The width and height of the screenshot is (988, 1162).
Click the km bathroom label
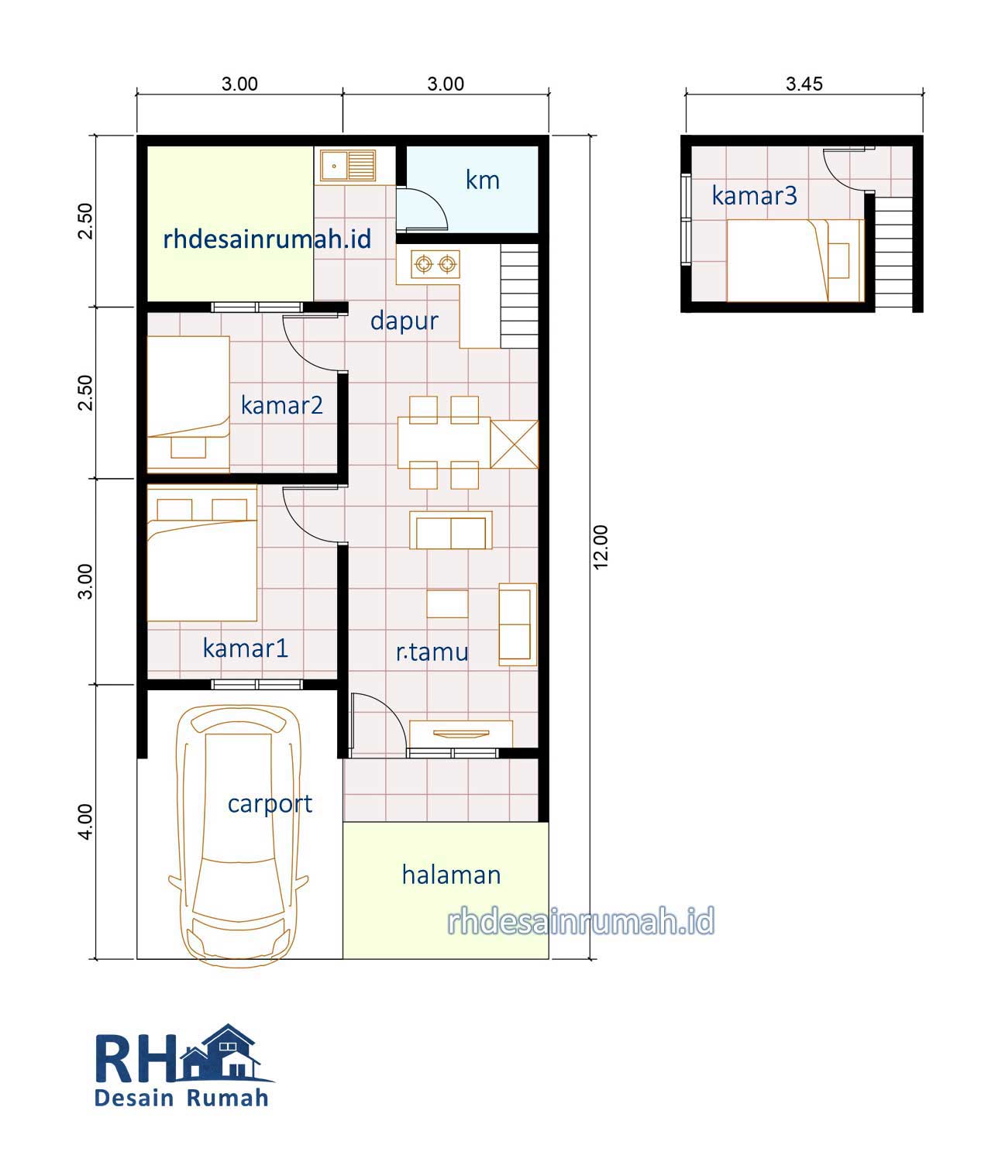click(x=483, y=180)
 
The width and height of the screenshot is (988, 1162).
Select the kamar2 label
click(x=282, y=405)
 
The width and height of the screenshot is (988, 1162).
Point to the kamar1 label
click(x=245, y=648)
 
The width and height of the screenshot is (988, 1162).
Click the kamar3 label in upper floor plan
click(x=754, y=196)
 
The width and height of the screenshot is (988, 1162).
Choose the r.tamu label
click(x=432, y=652)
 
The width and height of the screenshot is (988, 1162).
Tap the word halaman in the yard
click(x=451, y=875)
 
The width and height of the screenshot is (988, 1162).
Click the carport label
click(x=270, y=804)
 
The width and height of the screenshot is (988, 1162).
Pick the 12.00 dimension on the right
click(x=601, y=547)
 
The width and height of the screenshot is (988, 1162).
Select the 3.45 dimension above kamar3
click(x=804, y=84)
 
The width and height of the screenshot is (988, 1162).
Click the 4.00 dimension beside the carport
click(x=85, y=822)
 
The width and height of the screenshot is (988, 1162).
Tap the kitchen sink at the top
click(x=348, y=166)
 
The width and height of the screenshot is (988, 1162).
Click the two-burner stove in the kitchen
click(x=435, y=263)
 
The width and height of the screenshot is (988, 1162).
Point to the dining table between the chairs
click(x=444, y=442)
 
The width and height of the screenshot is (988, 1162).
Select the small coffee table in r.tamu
click(x=447, y=603)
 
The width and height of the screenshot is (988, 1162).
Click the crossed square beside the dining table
click(x=514, y=444)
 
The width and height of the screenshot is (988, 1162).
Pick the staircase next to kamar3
click(x=894, y=252)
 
